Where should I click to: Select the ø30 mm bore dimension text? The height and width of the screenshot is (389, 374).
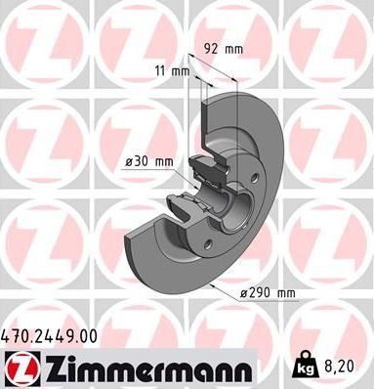pos(150,160)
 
